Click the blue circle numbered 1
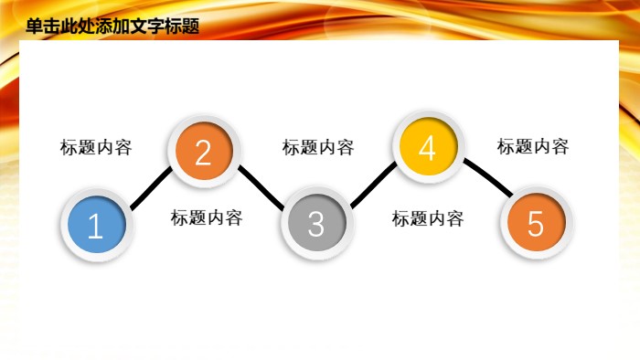point(96,225)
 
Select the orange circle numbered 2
point(203,151)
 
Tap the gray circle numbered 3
point(315,223)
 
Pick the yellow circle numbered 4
point(427,148)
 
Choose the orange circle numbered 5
point(536,223)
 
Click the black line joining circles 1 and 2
point(150,189)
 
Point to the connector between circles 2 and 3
point(260,187)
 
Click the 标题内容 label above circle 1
point(96,148)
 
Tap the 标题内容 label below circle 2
point(207,218)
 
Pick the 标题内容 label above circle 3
point(318,148)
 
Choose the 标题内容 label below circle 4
point(428,219)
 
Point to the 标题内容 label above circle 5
point(533,146)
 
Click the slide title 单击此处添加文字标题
point(112,27)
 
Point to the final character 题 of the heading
point(190,27)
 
